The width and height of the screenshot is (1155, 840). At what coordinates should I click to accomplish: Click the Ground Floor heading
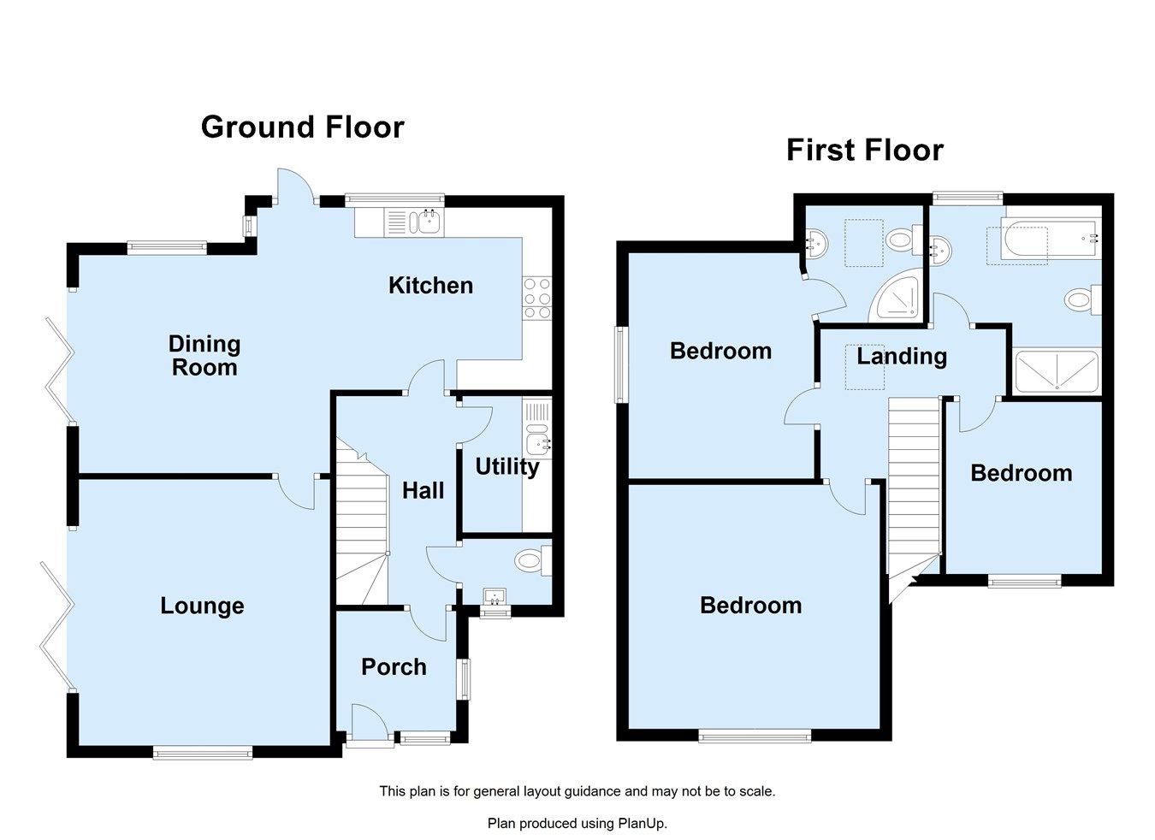click(x=302, y=127)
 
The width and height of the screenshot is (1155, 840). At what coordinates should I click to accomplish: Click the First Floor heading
click(x=864, y=151)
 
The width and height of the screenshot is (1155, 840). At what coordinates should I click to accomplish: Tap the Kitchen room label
click(x=430, y=286)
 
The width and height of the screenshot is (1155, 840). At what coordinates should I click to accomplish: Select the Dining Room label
click(x=204, y=356)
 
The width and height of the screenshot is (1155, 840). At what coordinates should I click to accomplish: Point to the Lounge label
click(x=202, y=606)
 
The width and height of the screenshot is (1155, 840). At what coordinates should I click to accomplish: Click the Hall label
click(x=423, y=491)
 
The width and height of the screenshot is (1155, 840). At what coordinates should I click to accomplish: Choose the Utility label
click(x=506, y=467)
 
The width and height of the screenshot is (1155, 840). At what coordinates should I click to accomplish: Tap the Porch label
click(x=394, y=667)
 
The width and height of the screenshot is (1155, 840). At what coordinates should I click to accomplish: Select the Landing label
click(x=902, y=357)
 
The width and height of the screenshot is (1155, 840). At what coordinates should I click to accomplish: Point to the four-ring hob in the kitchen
click(x=537, y=299)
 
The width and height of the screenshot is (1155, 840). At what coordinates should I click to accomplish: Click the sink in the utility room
click(x=537, y=443)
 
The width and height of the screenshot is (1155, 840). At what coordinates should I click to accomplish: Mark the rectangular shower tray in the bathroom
click(x=1056, y=372)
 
